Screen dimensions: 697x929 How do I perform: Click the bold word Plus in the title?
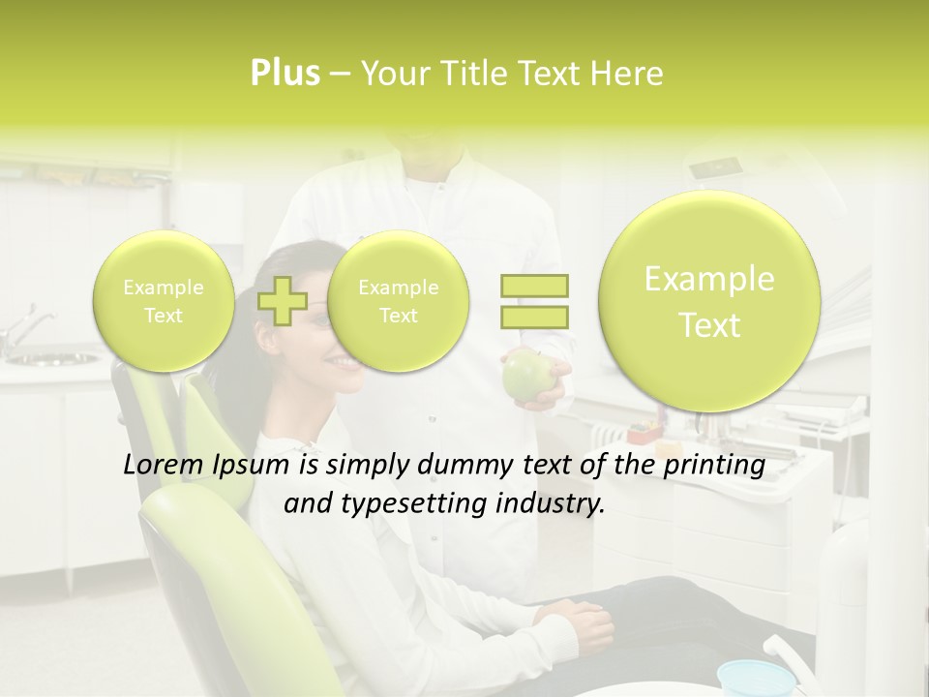tap(285, 74)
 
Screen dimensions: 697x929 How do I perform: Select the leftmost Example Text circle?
tap(163, 301)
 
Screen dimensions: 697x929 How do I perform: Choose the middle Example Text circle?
tap(398, 301)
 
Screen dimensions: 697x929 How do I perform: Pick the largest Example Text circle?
tap(709, 301)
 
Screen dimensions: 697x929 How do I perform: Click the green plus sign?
tap(283, 301)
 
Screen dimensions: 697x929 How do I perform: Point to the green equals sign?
tap(534, 301)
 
